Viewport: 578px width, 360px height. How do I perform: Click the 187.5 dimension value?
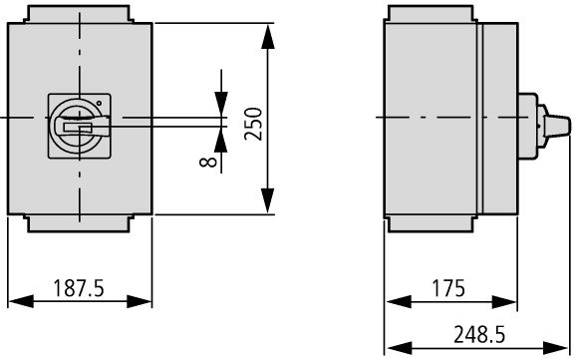pyautogui.click(x=79, y=288)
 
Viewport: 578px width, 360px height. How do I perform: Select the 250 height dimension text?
pyautogui.click(x=253, y=124)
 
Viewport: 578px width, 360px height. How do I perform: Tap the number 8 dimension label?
pyautogui.click(x=208, y=162)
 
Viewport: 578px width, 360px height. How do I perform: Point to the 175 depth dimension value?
pyautogui.click(x=448, y=288)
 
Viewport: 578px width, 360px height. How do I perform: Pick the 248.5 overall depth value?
pyautogui.click(x=479, y=334)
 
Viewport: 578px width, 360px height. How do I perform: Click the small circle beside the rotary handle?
pyautogui.click(x=99, y=103)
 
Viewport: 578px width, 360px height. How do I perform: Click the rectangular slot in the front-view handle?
pyautogui.click(x=78, y=128)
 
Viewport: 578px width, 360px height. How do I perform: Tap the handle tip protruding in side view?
pyautogui.click(x=558, y=127)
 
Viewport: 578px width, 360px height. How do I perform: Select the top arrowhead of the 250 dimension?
pyautogui.click(x=268, y=37)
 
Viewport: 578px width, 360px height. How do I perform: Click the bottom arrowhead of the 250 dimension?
pyautogui.click(x=268, y=200)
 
